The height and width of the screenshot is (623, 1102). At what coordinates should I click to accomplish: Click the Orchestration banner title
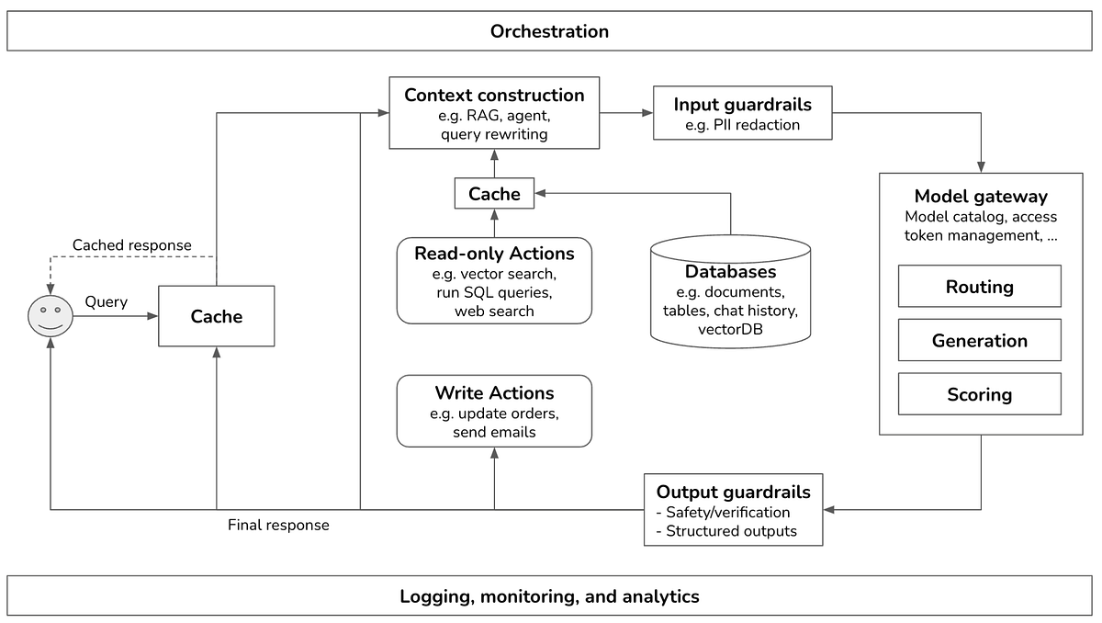[x=549, y=31]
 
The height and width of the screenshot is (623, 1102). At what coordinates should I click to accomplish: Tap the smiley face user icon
[x=50, y=316]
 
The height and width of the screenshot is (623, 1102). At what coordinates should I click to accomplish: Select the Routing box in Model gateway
[x=979, y=287]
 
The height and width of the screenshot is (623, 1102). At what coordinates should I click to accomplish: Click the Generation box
[x=979, y=341]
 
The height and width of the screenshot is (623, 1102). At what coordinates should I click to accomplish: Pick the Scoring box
[x=979, y=395]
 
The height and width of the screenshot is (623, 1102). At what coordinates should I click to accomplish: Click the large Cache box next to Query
[x=217, y=317]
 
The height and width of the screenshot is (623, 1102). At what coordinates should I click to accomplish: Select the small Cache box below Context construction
[x=494, y=194]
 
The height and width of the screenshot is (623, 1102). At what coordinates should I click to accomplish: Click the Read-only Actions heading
[x=494, y=254]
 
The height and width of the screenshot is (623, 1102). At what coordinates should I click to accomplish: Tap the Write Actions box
[x=494, y=411]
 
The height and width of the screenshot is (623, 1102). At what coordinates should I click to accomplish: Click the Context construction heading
[x=494, y=96]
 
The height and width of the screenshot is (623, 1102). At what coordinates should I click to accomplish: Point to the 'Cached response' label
[x=132, y=245]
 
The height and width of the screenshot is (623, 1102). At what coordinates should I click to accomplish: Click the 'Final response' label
[x=278, y=526]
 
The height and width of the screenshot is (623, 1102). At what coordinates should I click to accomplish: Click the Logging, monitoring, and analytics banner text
[x=549, y=596]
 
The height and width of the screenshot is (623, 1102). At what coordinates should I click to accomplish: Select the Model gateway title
[x=980, y=197]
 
